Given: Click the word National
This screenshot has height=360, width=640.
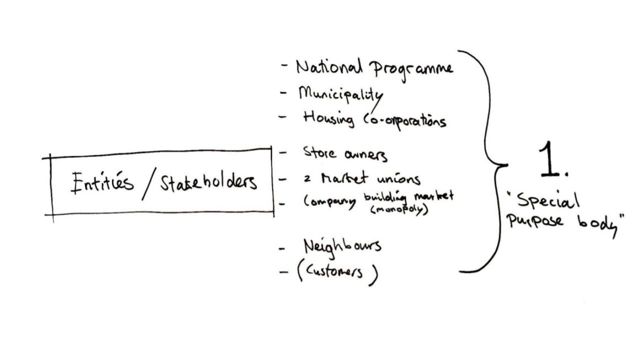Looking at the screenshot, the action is [x=329, y=67].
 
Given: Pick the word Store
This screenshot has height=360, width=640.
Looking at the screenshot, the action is [x=320, y=152].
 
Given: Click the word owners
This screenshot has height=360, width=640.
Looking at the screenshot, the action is [x=366, y=155].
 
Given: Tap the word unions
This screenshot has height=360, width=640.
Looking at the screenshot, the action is [x=398, y=179].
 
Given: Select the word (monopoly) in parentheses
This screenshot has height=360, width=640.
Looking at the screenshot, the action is [x=399, y=209].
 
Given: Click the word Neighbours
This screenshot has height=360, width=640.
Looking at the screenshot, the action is [x=342, y=246].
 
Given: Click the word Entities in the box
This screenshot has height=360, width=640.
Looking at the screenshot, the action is [x=102, y=182].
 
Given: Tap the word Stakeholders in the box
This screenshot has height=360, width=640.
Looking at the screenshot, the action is [x=209, y=182].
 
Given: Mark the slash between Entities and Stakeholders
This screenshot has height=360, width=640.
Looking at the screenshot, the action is [x=149, y=185].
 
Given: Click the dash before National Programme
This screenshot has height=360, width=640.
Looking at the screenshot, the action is [x=284, y=65].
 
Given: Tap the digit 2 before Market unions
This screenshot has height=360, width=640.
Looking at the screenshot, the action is [x=307, y=179].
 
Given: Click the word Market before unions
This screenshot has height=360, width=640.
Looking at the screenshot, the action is [x=344, y=178].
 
